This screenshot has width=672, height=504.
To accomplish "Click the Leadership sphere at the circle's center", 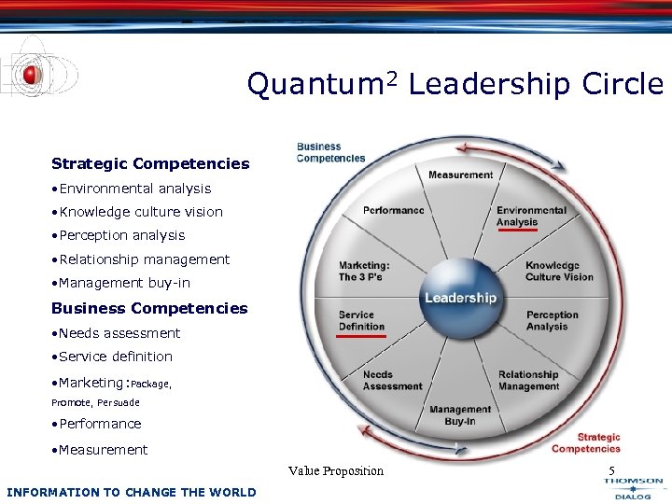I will (460, 298).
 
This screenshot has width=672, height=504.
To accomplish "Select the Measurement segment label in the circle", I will (460, 175).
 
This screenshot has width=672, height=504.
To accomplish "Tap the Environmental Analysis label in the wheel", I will (531, 216).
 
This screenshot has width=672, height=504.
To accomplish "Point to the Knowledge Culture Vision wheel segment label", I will (559, 271).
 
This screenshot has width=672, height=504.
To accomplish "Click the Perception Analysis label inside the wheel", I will (553, 321).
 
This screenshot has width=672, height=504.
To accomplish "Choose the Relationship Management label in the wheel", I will (528, 380).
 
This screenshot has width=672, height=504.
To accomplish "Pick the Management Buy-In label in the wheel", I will (460, 415).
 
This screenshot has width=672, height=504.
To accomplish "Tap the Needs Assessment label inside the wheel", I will (392, 380).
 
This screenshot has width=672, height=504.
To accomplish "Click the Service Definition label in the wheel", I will (361, 320).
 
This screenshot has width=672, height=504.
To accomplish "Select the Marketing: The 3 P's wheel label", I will (364, 271).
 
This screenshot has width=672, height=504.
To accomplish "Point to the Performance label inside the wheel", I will (393, 210).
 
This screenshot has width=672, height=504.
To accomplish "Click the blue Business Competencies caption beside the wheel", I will (330, 152).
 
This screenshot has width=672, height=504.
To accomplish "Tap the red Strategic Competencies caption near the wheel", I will (598, 442).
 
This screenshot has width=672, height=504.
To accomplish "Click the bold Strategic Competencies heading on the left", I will (150, 163).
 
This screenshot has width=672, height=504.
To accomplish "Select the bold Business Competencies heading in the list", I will (149, 308).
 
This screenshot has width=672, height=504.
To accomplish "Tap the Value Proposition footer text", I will (336, 470).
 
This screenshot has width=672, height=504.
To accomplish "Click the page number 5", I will (611, 470).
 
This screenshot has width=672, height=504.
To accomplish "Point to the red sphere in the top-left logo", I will (31, 74).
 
